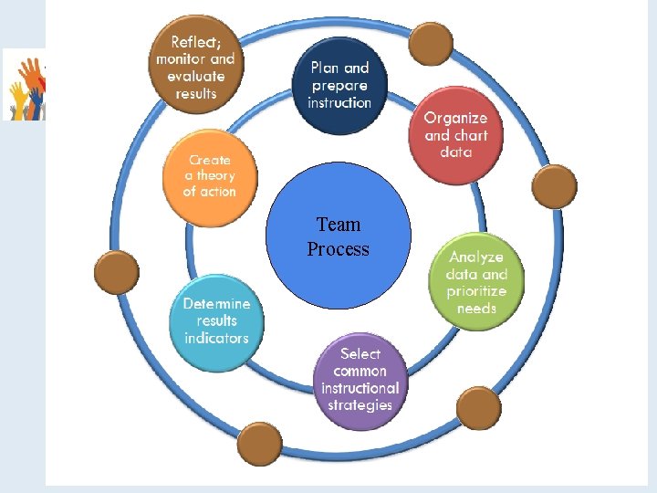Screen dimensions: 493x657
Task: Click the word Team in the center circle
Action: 339,225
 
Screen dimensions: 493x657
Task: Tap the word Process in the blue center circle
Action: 339,249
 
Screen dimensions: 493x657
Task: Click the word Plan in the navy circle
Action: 324,68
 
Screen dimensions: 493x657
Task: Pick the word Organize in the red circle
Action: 455,118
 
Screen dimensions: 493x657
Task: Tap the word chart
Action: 471,135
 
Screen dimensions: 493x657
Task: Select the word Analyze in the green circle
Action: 475,257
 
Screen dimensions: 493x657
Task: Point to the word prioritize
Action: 476,291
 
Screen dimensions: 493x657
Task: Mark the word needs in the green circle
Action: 476,309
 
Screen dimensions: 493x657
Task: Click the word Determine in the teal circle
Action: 216,304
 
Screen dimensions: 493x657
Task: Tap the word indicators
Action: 216,338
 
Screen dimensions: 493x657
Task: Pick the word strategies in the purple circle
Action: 360,404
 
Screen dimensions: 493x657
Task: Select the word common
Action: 360,371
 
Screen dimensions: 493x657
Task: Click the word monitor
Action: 181,58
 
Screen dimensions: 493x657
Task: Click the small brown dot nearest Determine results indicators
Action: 117,272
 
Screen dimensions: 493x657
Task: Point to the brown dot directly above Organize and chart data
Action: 431,43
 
